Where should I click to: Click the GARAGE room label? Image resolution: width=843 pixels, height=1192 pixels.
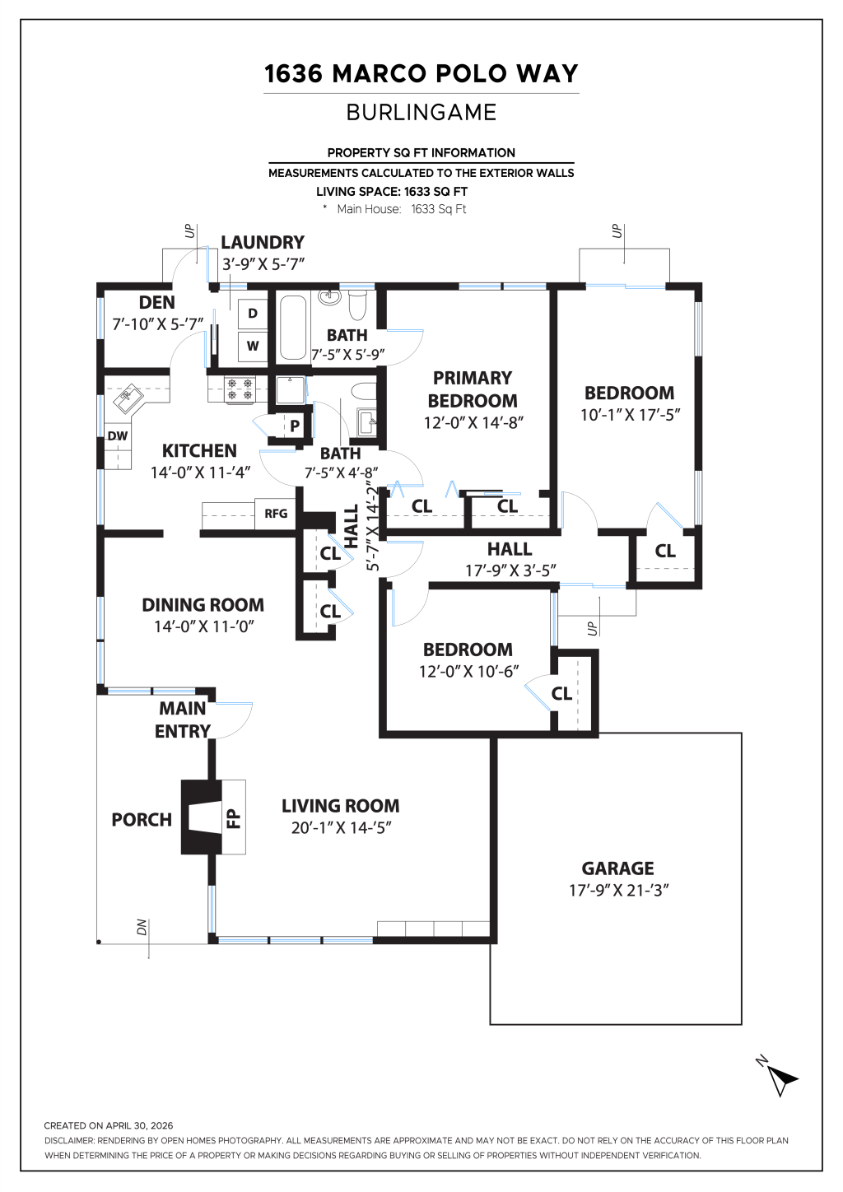pyautogui.click(x=617, y=868)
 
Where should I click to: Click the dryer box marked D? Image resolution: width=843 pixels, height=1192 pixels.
pyautogui.click(x=252, y=314)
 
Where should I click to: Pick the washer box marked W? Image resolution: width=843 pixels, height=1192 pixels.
pyautogui.click(x=252, y=346)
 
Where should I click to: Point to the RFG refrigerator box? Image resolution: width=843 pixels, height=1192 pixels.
pyautogui.click(x=276, y=514)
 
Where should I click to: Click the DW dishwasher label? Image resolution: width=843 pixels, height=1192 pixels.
pyautogui.click(x=118, y=435)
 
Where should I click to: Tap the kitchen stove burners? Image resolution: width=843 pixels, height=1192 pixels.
pyautogui.click(x=240, y=389)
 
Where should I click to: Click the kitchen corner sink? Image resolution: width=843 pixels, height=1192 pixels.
pyautogui.click(x=128, y=399)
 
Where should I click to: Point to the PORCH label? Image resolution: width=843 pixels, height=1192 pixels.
pyautogui.click(x=142, y=820)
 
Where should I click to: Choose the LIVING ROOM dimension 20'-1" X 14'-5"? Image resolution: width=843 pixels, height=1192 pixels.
pyautogui.click(x=341, y=828)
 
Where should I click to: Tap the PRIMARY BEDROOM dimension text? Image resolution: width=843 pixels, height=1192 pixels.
pyautogui.click(x=473, y=422)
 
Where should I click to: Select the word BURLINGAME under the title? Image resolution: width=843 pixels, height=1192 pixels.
pyautogui.click(x=421, y=112)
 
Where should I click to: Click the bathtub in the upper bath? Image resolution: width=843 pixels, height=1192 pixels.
pyautogui.click(x=292, y=327)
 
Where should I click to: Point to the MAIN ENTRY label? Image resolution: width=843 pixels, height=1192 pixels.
pyautogui.click(x=183, y=719)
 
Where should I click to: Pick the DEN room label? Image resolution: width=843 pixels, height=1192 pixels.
pyautogui.click(x=157, y=302)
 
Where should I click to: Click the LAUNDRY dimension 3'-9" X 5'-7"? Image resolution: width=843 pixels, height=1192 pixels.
pyautogui.click(x=263, y=264)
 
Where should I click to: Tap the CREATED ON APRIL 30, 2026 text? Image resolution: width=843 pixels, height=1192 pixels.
pyautogui.click(x=109, y=1125)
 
